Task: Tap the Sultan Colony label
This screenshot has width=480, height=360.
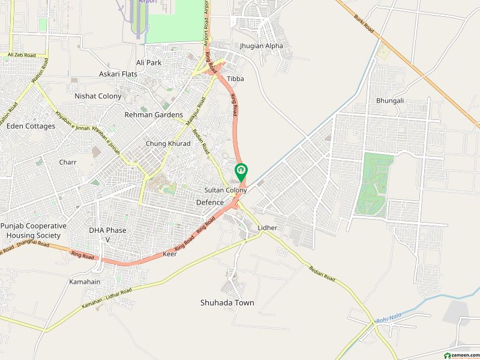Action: [226, 190]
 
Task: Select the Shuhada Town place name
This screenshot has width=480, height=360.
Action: [227, 303]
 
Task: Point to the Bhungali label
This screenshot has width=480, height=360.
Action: [390, 101]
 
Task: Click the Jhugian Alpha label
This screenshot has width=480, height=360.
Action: [261, 46]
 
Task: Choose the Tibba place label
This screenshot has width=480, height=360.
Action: [235, 79]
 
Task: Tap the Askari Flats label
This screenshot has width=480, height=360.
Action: [118, 74]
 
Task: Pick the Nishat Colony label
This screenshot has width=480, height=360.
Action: [98, 96]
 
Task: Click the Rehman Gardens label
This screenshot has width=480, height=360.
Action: [154, 115]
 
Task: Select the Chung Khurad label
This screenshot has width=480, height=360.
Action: [168, 144]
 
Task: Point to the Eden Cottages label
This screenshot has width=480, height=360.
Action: [31, 127]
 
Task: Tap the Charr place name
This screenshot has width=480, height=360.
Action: [67, 162]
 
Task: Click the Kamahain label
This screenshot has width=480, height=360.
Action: [85, 281]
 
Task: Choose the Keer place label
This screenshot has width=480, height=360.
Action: [170, 254]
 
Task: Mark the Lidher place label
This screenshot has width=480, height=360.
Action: [267, 228]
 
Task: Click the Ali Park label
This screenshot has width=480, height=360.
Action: [149, 62]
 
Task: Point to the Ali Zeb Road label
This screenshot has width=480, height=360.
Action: [22, 55]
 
